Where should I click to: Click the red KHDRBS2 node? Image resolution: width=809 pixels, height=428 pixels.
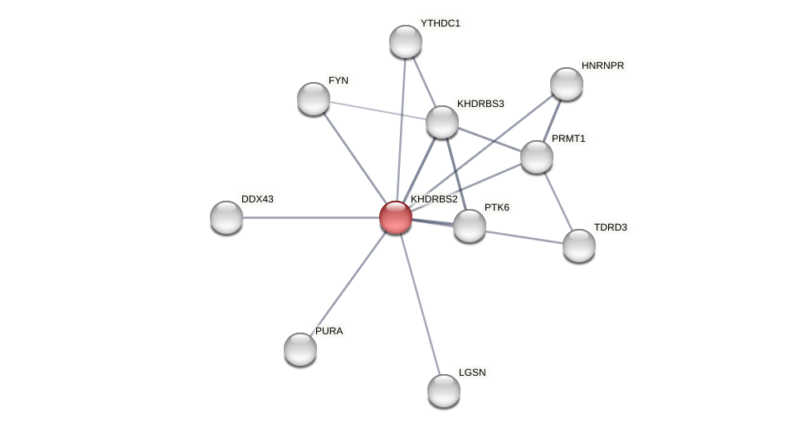pyautogui.click(x=396, y=217)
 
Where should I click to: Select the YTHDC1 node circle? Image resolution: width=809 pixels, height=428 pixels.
pyautogui.click(x=406, y=41)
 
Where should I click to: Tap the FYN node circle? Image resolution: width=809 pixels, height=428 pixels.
pyautogui.click(x=314, y=99)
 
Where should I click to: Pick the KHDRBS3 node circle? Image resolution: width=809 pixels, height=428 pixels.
pyautogui.click(x=442, y=122)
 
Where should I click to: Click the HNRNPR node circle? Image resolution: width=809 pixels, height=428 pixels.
pyautogui.click(x=567, y=84)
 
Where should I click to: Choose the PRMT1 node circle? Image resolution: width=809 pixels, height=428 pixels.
pyautogui.click(x=537, y=157)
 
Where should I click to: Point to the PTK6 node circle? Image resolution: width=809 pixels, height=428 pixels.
pyautogui.click(x=470, y=226)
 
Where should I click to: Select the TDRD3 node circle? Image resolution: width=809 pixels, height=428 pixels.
pyautogui.click(x=579, y=246)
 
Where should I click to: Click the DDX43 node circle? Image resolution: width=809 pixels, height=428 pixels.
pyautogui.click(x=227, y=217)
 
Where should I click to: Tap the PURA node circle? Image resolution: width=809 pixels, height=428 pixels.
pyautogui.click(x=300, y=349)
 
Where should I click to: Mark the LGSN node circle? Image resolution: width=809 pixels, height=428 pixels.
pyautogui.click(x=444, y=391)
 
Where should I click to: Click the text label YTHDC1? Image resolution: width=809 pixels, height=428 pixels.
pyautogui.click(x=440, y=23)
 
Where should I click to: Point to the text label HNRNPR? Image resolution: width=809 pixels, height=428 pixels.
pyautogui.click(x=602, y=66)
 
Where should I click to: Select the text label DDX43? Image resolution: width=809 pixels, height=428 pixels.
pyautogui.click(x=257, y=199)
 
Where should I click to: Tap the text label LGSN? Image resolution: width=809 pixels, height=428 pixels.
pyautogui.click(x=472, y=372)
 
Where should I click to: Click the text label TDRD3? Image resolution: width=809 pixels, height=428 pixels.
pyautogui.click(x=610, y=227)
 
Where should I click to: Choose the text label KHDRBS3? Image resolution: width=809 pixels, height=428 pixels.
pyautogui.click(x=480, y=104)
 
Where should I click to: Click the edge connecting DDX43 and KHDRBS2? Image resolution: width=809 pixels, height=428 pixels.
pyautogui.click(x=307, y=217)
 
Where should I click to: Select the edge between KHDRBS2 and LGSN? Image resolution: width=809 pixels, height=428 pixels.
pyautogui.click(x=420, y=304)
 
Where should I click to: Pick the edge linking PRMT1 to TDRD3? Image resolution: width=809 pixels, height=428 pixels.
pyautogui.click(x=558, y=201)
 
